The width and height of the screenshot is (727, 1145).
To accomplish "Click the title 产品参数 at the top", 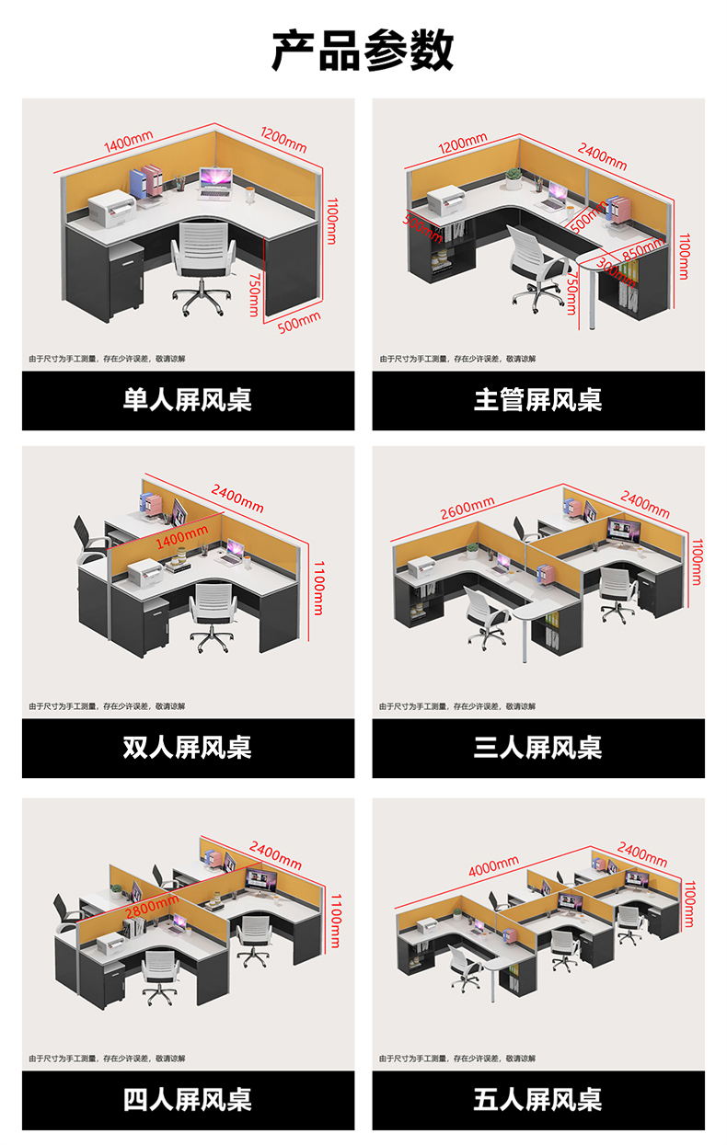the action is point(363,50).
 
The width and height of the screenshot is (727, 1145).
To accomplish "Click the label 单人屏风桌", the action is point(188,400).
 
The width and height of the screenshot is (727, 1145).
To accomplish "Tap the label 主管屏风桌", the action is point(538,400).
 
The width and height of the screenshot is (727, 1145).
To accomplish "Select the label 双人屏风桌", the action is point(188,747).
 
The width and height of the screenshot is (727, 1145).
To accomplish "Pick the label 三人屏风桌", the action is point(538,747).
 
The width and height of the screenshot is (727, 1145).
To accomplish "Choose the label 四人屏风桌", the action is point(188,1099).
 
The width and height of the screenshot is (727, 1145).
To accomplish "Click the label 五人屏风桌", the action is point(538,1099).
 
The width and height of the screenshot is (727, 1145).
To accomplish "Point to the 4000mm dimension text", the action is point(493,867).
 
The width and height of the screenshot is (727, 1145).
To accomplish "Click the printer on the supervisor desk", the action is point(446,198).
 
